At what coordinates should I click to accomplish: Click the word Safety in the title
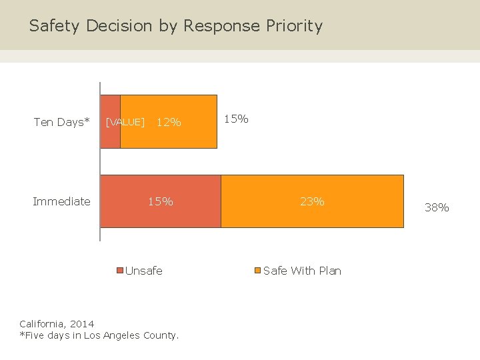tap(54, 26)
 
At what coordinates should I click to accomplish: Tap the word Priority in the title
tap(294, 26)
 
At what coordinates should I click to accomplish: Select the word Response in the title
tap(222, 26)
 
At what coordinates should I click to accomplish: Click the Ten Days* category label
tap(61, 122)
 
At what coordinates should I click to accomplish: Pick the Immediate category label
tap(61, 201)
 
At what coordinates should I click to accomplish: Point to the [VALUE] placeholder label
tap(125, 122)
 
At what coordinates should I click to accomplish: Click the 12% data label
tap(168, 122)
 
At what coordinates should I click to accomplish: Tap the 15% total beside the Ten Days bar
tap(235, 119)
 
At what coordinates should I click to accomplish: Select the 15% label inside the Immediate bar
tap(160, 201)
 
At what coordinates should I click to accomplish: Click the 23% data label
tap(311, 201)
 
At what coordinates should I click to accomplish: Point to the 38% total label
tap(437, 207)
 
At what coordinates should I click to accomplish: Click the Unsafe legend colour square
tap(121, 271)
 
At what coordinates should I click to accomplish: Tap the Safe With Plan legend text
tap(302, 271)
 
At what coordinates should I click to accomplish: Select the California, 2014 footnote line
tap(57, 324)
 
